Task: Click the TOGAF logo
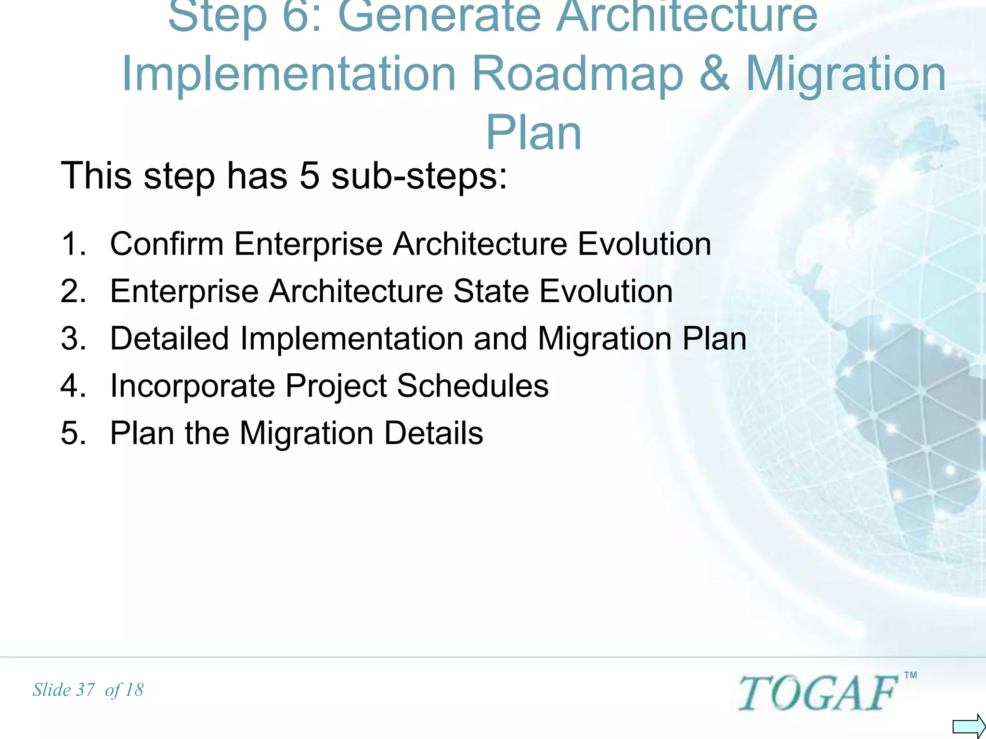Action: click(817, 693)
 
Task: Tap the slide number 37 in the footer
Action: click(86, 690)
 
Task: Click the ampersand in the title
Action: click(714, 73)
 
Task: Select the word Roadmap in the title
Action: click(577, 73)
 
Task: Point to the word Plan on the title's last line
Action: click(533, 133)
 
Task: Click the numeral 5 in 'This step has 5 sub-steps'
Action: click(310, 176)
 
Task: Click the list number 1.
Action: click(73, 244)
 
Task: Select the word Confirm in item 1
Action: click(167, 244)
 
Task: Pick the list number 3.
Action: click(73, 338)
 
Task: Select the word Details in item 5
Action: click(433, 433)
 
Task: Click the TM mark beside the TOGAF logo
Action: click(910, 675)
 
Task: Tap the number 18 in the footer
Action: click(134, 690)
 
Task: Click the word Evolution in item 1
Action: click(644, 244)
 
